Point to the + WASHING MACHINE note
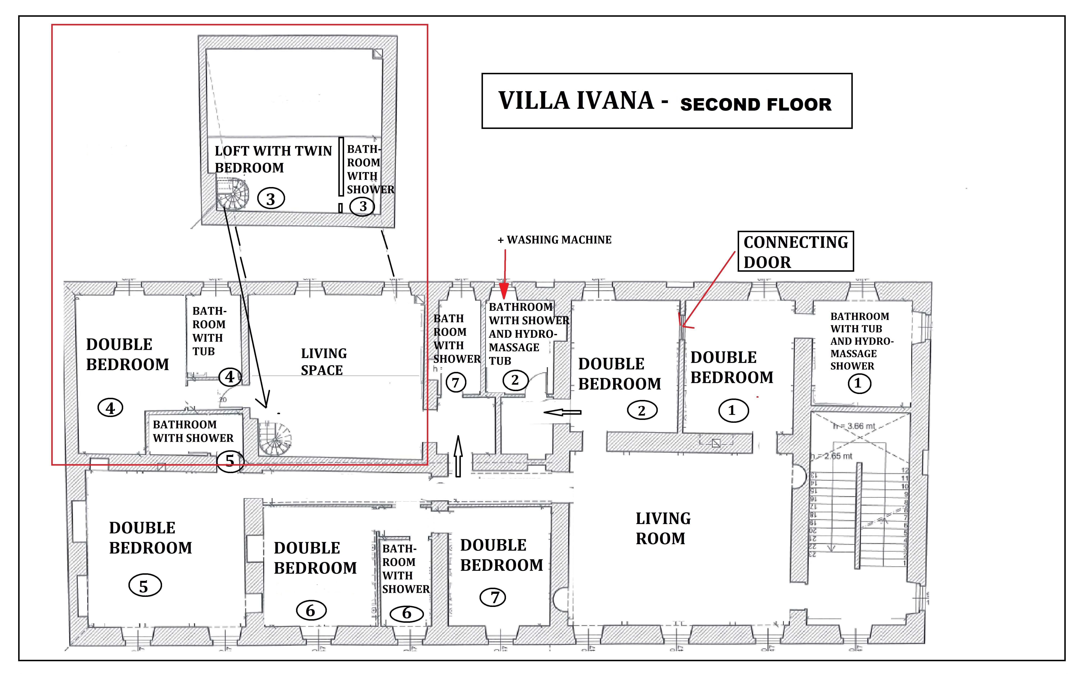pos(555,240)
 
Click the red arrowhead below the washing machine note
pos(504,292)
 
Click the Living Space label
pos(323,361)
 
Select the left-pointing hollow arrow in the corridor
pos(563,412)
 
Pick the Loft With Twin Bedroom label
pos(273,159)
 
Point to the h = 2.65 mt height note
pos(832,456)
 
